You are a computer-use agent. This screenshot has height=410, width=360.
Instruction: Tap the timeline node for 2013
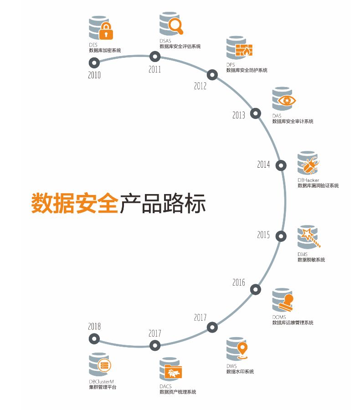[256, 113]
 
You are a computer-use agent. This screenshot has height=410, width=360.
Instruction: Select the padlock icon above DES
[106, 31]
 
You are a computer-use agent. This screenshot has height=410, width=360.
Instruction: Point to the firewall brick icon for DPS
[244, 51]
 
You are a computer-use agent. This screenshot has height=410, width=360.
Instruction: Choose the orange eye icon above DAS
[287, 100]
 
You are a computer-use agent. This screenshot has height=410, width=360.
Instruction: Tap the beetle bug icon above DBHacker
[311, 164]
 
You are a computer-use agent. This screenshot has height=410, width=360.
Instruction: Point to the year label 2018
[94, 327]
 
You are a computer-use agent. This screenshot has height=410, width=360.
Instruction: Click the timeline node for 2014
[282, 164]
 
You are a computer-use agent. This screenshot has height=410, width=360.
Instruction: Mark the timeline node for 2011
[155, 56]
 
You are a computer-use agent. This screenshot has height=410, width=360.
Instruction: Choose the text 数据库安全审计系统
[293, 122]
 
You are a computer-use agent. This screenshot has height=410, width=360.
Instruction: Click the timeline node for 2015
[282, 236]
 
